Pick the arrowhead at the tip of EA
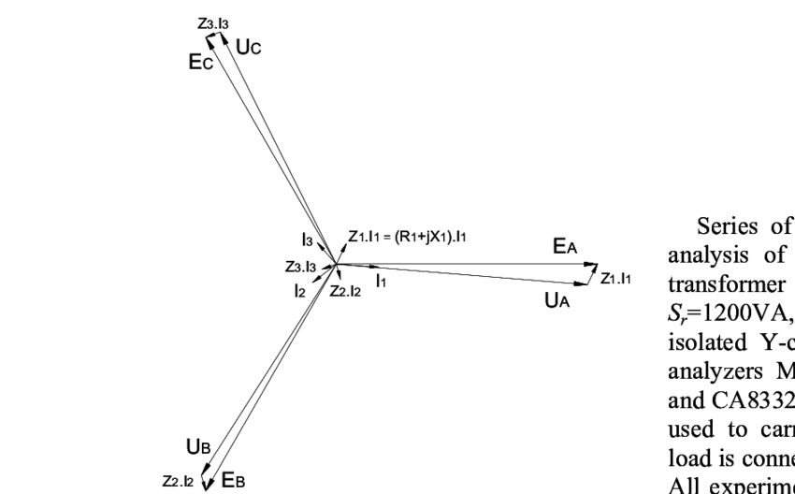pyautogui.click(x=593, y=265)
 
